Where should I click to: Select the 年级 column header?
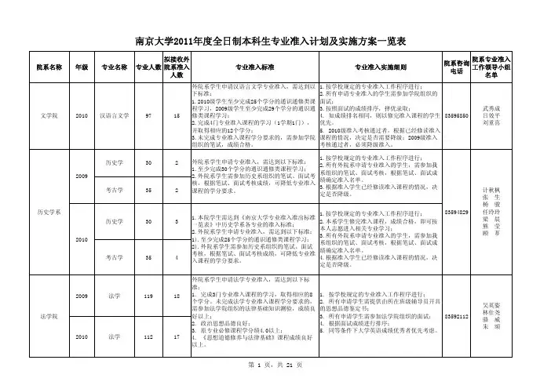pyautogui.click(x=81, y=67)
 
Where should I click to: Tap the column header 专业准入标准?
pyautogui.click(x=243, y=67)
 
